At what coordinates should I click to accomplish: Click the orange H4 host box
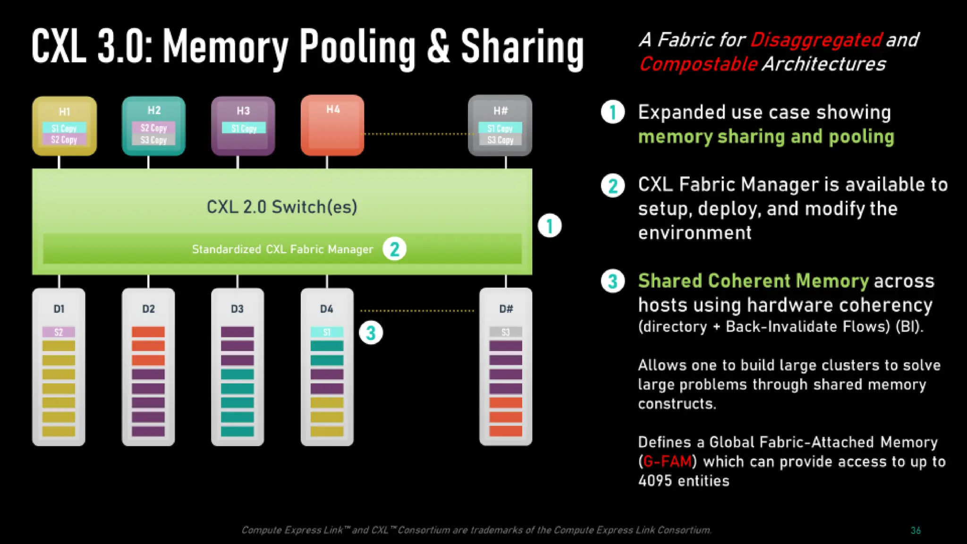point(332,126)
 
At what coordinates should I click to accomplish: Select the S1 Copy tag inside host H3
point(244,128)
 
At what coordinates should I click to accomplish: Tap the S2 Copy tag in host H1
point(64,140)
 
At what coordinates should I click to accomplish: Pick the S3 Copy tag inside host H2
point(153,140)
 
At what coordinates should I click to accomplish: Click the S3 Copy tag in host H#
point(500,140)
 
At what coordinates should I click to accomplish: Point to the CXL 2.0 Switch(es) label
point(282,207)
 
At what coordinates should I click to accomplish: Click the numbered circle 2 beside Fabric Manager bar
point(395,249)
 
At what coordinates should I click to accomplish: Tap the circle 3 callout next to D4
point(371,332)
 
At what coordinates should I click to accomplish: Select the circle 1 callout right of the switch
point(550,226)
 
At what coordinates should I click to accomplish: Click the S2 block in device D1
point(59,332)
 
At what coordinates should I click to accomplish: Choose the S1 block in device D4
point(327,332)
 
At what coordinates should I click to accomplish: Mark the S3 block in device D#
point(506,332)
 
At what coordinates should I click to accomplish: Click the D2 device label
point(148,309)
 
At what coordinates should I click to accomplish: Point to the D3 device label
point(237,309)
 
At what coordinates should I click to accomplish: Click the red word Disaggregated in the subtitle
point(816,40)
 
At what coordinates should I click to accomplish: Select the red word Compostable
point(698,64)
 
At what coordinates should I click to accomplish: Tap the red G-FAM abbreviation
point(667,461)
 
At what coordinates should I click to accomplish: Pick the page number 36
point(916,530)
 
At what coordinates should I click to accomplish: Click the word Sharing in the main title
point(522,47)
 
